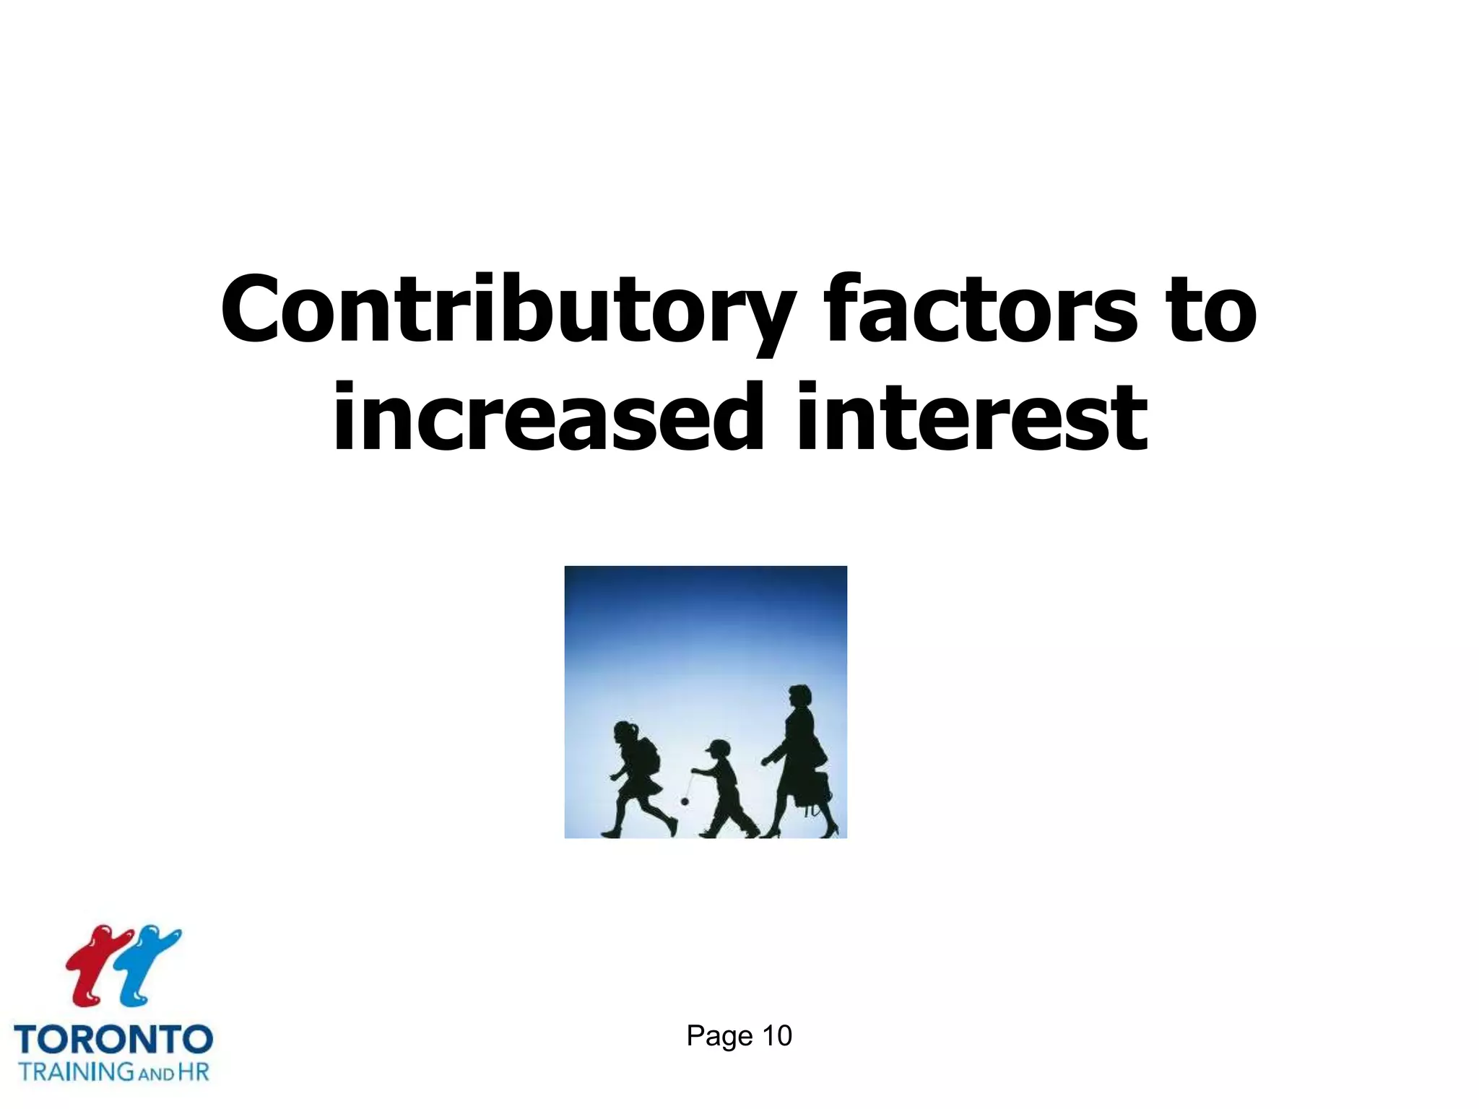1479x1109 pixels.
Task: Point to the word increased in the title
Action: point(547,419)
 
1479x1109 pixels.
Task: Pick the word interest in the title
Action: point(971,419)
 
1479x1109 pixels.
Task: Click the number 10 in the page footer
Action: point(777,1036)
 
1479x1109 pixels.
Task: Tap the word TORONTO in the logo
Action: point(113,1040)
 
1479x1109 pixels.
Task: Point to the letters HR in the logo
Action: point(193,1071)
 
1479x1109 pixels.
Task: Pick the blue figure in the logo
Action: point(148,964)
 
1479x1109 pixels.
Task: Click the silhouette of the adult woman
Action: point(798,765)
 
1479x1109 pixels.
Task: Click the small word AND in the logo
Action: point(155,1074)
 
